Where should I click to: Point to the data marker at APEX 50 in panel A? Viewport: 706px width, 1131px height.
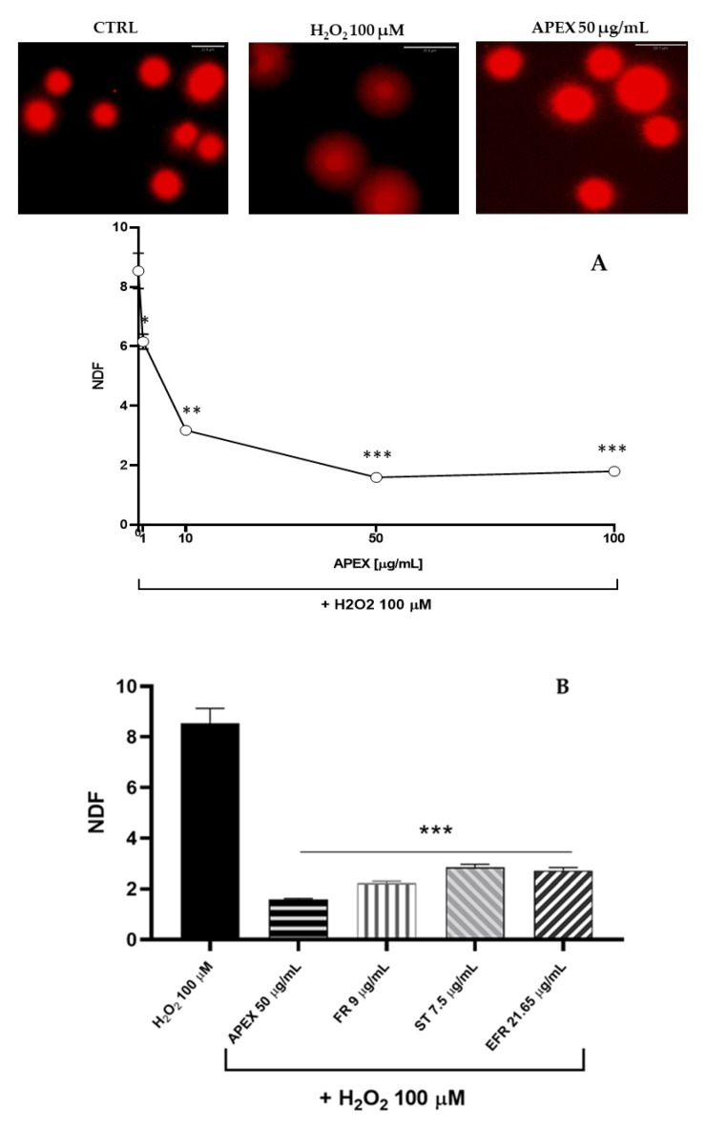point(377,477)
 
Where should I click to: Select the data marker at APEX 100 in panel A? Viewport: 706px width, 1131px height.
point(614,471)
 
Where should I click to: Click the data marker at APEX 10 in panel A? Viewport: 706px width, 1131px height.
point(186,430)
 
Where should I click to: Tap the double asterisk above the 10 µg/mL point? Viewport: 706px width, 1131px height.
point(191,411)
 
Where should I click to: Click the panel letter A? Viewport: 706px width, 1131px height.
point(599,264)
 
